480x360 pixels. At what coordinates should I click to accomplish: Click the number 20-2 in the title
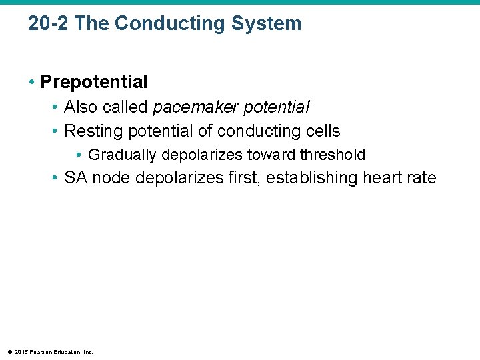[x=49, y=24]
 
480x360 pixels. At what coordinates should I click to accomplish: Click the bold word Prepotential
[x=94, y=82]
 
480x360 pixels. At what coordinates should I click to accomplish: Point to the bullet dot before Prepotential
[x=32, y=82]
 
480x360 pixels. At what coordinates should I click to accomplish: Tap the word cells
[x=321, y=131]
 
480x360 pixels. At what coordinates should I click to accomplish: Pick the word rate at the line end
[x=422, y=178]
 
